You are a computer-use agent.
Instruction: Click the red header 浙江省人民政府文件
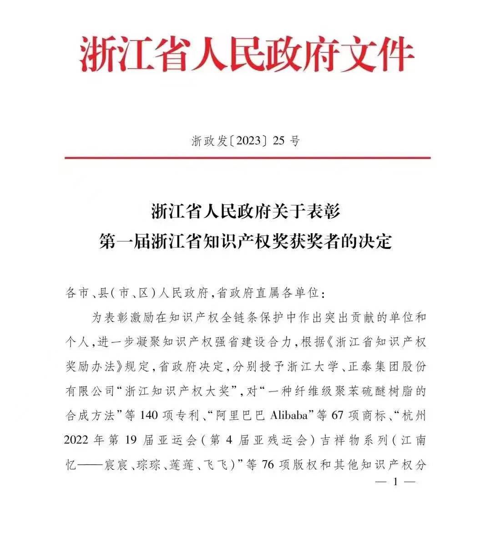[246, 56]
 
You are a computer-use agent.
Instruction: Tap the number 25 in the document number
[278, 141]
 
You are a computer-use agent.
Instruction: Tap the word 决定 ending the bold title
[376, 241]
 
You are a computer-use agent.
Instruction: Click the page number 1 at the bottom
[394, 482]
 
